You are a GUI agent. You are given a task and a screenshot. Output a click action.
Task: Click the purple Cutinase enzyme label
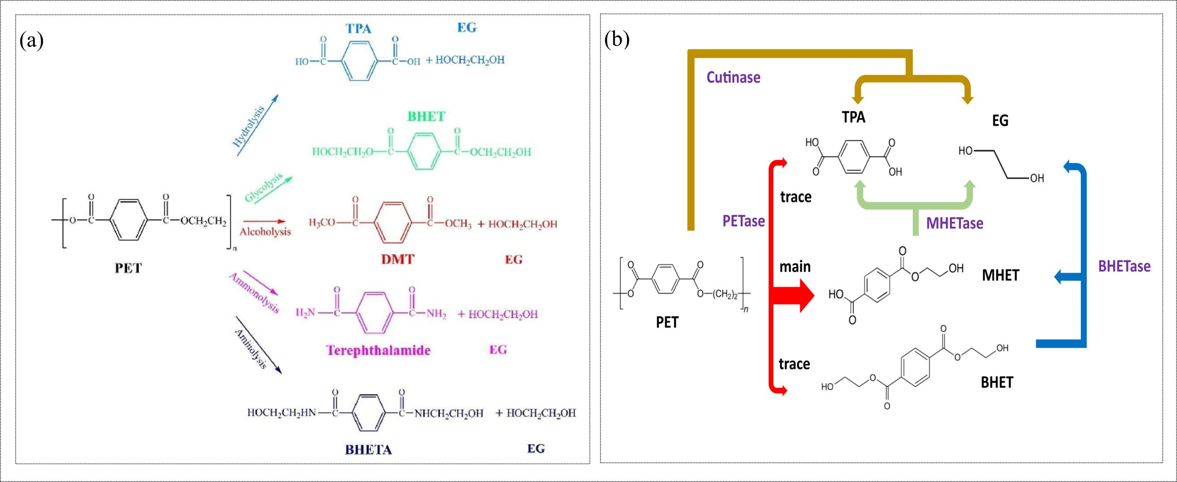[x=733, y=77]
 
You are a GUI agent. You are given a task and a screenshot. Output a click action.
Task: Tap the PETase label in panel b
[x=743, y=221]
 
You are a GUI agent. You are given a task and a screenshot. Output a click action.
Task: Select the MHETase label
[x=954, y=223]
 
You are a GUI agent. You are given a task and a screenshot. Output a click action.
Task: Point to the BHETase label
[x=1124, y=266]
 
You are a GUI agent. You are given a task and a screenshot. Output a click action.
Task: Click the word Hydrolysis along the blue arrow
[x=249, y=126]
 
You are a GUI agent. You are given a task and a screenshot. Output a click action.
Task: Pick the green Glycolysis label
[x=263, y=187]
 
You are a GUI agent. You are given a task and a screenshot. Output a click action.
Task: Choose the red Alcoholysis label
[x=265, y=232]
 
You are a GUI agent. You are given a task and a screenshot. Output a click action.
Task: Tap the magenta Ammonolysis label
[x=254, y=293]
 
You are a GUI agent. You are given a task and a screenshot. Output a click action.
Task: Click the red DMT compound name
[x=398, y=260]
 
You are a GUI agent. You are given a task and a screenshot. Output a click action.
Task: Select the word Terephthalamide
[x=378, y=351]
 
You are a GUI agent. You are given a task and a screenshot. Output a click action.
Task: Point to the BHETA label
[x=368, y=449]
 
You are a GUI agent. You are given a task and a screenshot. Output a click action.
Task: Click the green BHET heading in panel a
[x=426, y=117]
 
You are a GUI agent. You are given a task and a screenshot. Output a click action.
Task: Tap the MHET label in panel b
[x=1000, y=275]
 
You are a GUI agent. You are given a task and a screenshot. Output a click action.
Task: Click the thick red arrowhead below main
[x=805, y=295]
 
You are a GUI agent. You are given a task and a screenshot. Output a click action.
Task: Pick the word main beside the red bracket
[x=795, y=267]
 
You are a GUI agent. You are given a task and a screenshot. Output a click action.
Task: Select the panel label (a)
[x=32, y=40]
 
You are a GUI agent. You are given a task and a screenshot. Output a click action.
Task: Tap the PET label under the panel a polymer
[x=128, y=268]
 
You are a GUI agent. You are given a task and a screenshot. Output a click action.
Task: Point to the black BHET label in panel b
[x=997, y=382]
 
